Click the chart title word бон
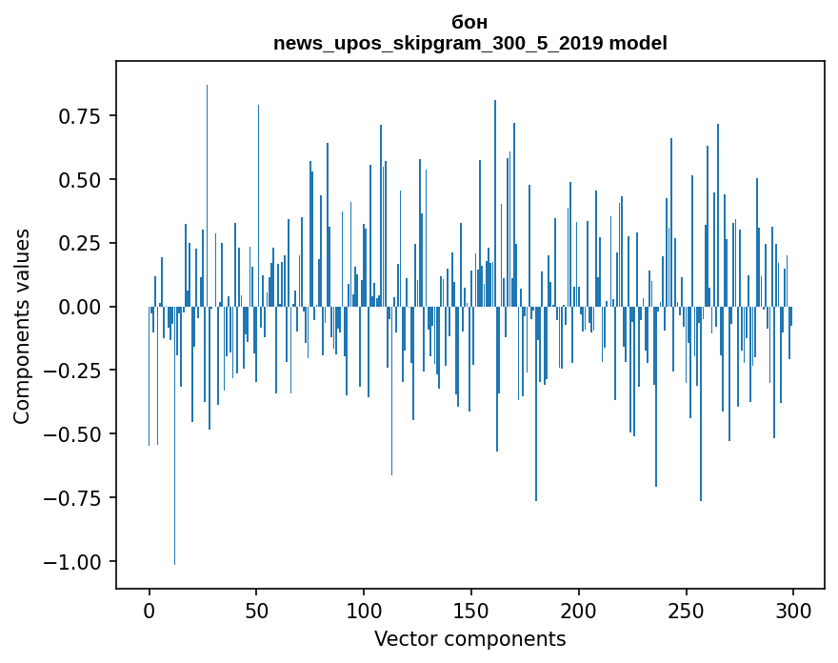tap(470, 22)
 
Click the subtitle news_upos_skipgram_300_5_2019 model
tap(470, 43)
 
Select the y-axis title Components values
tap(22, 326)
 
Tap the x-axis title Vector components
tap(470, 639)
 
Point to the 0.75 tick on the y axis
tap(79, 116)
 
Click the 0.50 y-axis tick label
tap(79, 180)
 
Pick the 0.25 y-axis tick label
tap(79, 243)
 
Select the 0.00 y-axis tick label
tap(79, 307)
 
